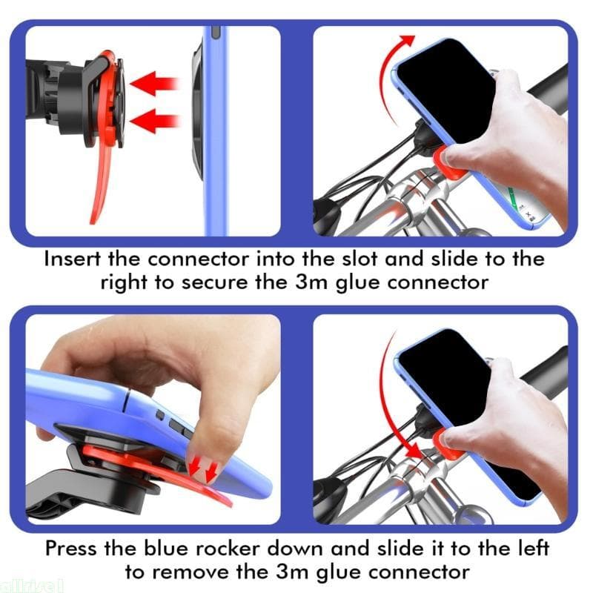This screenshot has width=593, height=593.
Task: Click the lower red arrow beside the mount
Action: click(159, 119)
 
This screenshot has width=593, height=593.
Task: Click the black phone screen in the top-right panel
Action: click(445, 89)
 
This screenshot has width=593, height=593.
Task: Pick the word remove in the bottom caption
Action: click(197, 572)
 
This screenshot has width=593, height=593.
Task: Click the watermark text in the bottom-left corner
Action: click(22, 586)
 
